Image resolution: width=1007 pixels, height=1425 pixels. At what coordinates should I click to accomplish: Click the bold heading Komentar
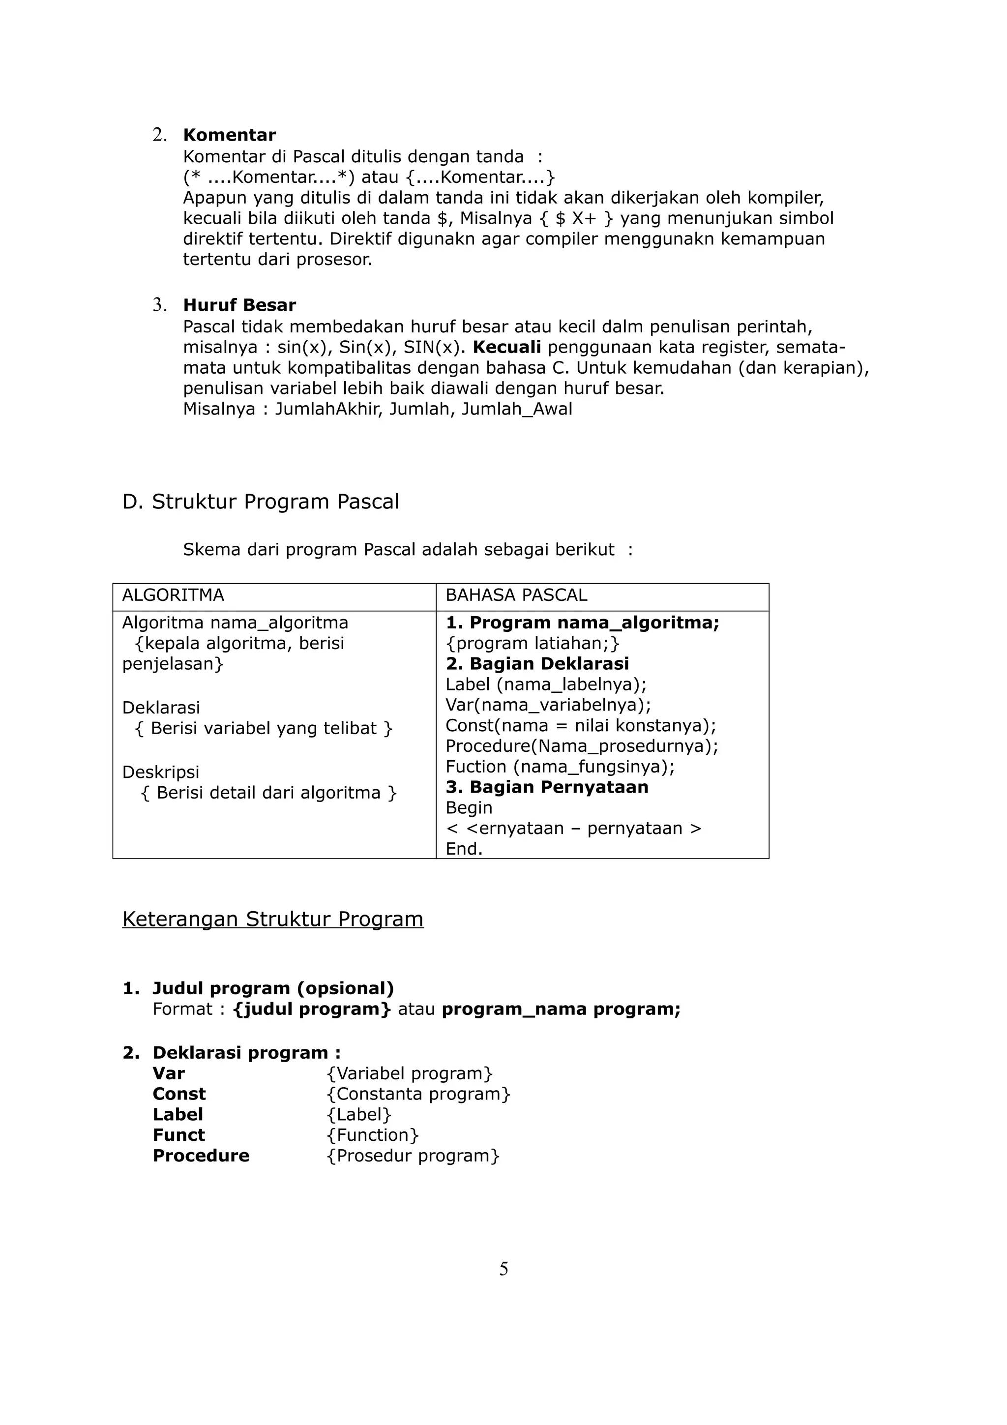coord(229,135)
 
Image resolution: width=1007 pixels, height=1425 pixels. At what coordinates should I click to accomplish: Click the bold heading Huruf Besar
coord(239,305)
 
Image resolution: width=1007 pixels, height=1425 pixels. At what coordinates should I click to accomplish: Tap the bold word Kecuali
coord(506,347)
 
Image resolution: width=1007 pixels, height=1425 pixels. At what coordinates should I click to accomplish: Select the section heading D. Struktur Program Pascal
coord(261,502)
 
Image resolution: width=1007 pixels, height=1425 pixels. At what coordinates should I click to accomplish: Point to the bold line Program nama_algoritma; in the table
coord(582,623)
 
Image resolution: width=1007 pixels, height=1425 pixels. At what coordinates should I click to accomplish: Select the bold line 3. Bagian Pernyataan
coord(547,787)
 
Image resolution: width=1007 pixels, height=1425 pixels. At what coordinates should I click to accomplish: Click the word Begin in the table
coord(469,807)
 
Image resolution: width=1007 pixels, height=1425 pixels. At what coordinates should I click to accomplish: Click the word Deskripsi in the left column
coord(161,772)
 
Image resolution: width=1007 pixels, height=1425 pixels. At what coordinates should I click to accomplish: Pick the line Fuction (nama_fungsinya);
coord(560,767)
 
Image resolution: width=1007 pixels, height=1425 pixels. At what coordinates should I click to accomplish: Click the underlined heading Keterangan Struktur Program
coord(272,919)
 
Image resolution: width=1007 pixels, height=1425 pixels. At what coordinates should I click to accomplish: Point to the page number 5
coord(503,1269)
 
